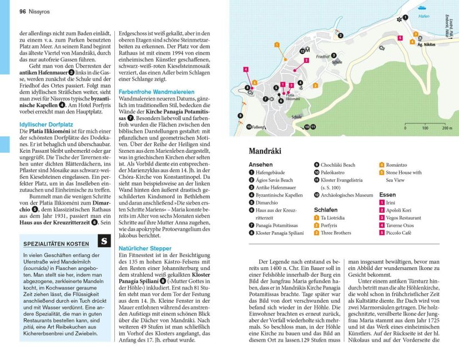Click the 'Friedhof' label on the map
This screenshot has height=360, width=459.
click(322, 57)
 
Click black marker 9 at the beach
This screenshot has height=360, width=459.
click(240, 116)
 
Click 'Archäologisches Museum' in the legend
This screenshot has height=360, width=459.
click(348, 195)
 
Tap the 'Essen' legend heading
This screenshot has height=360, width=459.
click(387, 195)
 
